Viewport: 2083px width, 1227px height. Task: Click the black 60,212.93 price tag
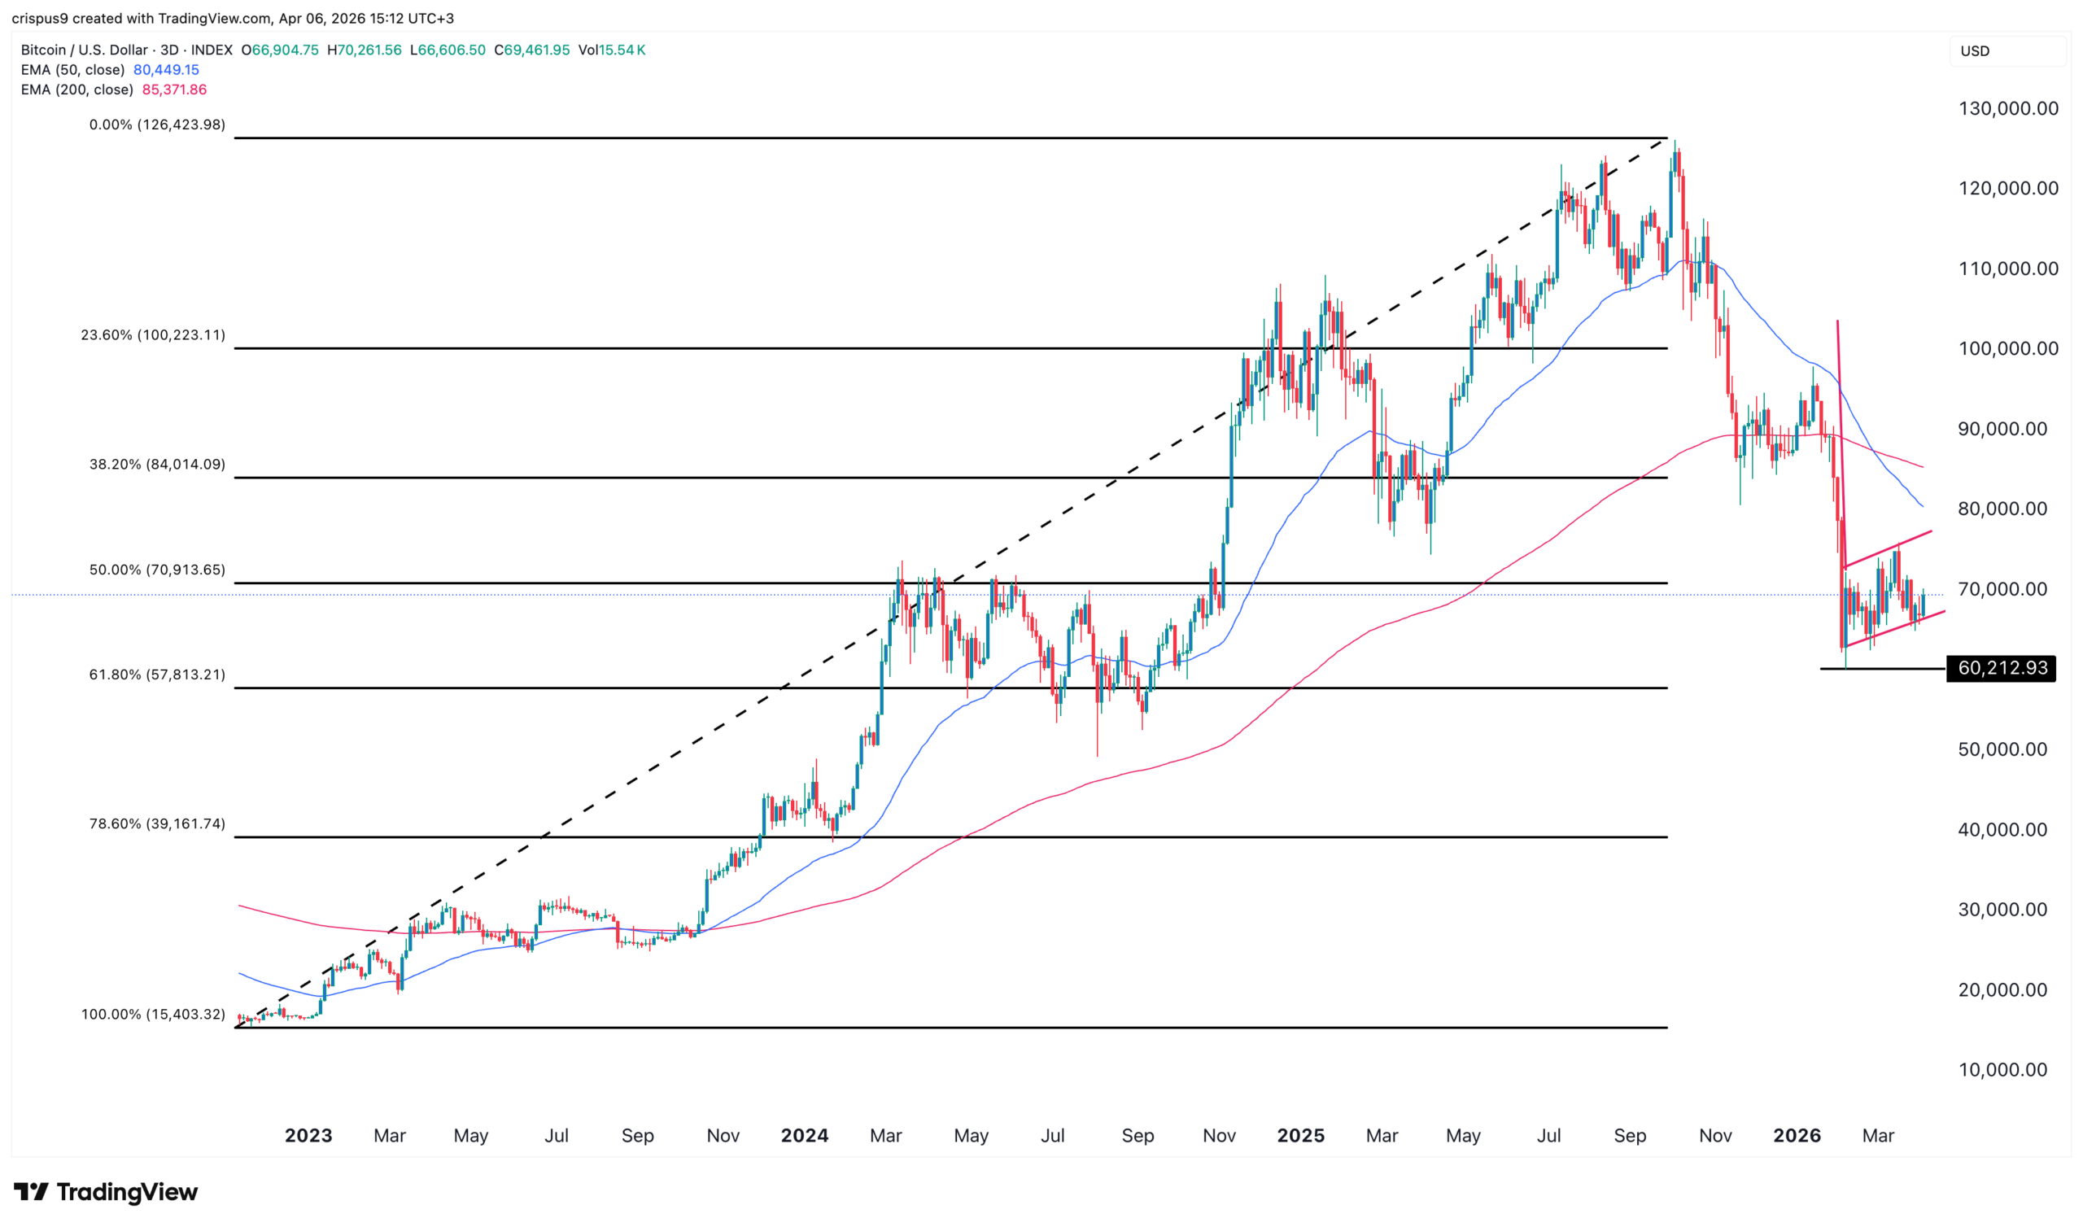2001,668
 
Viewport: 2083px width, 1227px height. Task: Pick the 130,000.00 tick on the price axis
2008,108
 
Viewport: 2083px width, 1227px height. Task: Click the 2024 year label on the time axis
804,1136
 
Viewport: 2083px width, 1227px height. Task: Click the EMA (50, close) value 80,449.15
166,70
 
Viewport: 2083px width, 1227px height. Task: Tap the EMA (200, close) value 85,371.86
174,90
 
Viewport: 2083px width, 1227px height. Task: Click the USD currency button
1975,51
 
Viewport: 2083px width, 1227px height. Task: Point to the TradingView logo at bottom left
106,1191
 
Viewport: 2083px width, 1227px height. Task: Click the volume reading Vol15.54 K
612,50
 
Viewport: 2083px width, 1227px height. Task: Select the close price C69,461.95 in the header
531,50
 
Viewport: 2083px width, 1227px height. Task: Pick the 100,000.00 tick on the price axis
2008,349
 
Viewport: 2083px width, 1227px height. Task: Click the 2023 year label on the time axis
308,1136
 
